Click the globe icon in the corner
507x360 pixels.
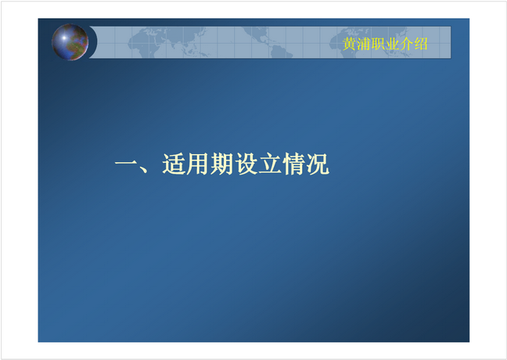[x=70, y=42]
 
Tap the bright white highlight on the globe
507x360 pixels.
[x=64, y=38]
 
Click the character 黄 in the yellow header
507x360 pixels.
[x=349, y=44]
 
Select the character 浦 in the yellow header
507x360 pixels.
[x=364, y=44]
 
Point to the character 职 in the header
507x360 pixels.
[x=378, y=44]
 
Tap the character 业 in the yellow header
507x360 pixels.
[x=392, y=44]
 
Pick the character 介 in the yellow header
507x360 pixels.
[x=406, y=44]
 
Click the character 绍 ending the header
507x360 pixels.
[x=421, y=44]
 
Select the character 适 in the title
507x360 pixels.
[x=174, y=164]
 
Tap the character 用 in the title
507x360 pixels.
[x=197, y=164]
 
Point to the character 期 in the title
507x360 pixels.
[x=221, y=164]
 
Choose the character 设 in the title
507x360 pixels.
[x=246, y=164]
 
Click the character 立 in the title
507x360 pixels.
[x=270, y=164]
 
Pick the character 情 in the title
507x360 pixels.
[x=293, y=164]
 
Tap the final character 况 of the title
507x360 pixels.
[x=318, y=164]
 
